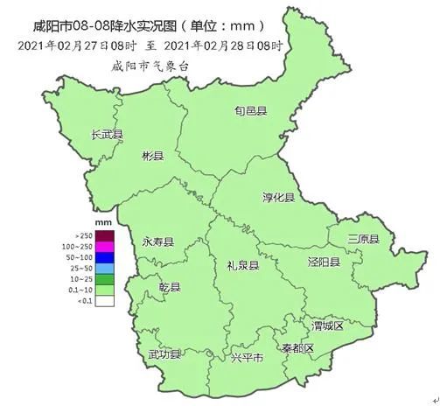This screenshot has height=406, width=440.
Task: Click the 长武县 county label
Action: pos(108,135)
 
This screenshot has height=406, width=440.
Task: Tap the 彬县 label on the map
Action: pos(152,156)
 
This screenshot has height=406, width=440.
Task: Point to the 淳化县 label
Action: pos(278,198)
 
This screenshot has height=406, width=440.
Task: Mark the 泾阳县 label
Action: pos(323,262)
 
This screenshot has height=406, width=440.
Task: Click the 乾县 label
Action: pos(170,287)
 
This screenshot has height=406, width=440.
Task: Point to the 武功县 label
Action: pos(164,354)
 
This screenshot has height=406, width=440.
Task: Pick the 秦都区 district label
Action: pos(297,348)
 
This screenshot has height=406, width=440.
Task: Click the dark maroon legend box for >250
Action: pos(105,235)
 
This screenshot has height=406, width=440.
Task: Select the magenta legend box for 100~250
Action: pos(105,247)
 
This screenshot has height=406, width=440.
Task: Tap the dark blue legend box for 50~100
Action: pos(105,257)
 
